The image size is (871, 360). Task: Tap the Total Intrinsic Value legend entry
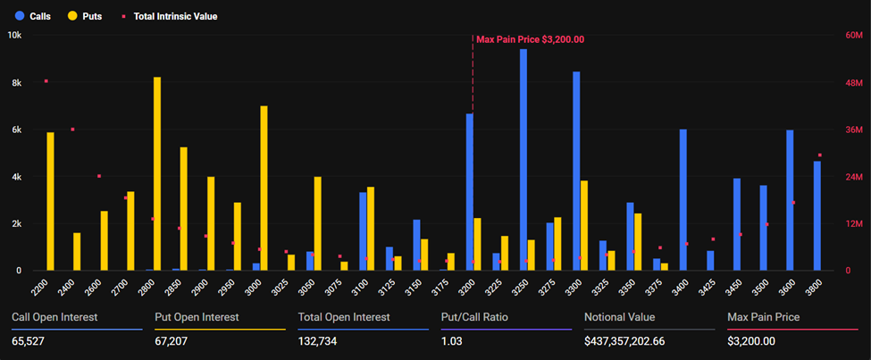coord(170,16)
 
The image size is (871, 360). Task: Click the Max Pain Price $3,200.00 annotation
coord(530,39)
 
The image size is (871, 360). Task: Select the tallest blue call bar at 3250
coord(523,161)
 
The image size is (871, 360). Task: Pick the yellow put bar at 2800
coord(157,174)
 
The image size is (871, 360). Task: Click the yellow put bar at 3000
coord(264,188)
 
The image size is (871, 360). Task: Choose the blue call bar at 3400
coord(683,200)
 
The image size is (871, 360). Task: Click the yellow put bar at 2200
coord(51,202)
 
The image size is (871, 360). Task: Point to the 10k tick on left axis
coord(14,36)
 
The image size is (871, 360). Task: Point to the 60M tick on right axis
coord(853,36)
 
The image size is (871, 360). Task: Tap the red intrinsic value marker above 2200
coord(46,81)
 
